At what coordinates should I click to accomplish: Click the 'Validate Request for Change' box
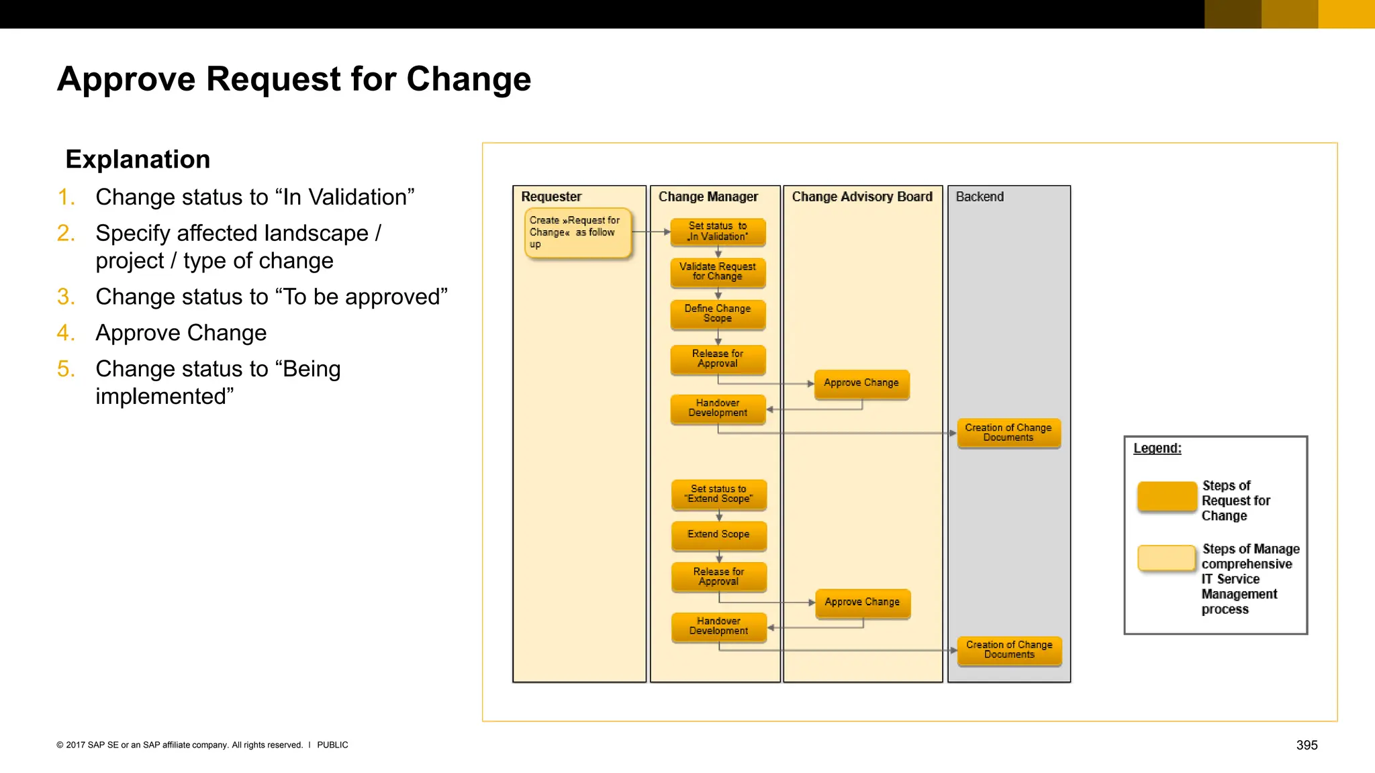(x=718, y=272)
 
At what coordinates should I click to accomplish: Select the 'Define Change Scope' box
(x=718, y=313)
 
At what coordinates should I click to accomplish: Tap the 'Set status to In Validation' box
(x=718, y=231)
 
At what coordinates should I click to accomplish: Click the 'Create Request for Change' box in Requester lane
(x=577, y=232)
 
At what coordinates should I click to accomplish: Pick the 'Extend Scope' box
(x=718, y=535)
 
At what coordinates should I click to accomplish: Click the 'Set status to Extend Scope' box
(x=718, y=494)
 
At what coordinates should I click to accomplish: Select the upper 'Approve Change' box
(x=861, y=383)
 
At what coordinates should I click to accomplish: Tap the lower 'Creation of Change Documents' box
(x=1009, y=650)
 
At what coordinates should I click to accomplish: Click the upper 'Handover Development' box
(x=718, y=408)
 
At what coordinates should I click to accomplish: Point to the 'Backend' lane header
(x=980, y=197)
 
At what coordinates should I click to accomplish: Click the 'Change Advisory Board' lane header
(x=862, y=197)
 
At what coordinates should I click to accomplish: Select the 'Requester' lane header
(x=551, y=197)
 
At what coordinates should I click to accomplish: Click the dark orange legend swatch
(x=1167, y=497)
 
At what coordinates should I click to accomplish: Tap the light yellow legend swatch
(x=1167, y=558)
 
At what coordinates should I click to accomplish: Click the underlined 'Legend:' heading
(x=1157, y=448)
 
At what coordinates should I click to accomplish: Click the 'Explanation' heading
(x=138, y=160)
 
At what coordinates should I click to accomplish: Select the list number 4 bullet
(x=65, y=333)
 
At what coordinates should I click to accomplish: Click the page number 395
(x=1307, y=745)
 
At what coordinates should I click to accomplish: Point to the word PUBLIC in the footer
(x=332, y=745)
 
